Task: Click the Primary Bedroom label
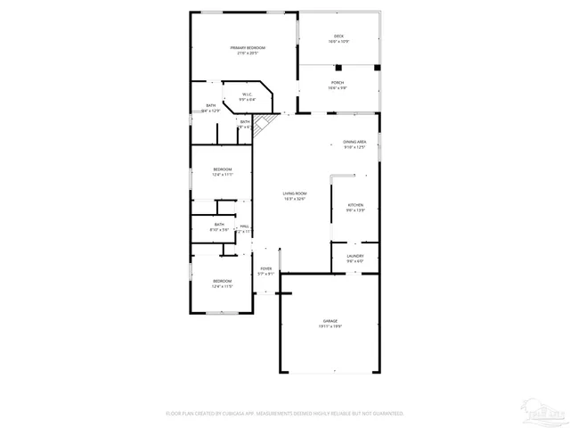(248, 47)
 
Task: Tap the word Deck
(338, 37)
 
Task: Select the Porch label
(338, 82)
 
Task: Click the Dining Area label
(355, 142)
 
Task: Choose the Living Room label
(295, 193)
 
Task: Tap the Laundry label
(355, 256)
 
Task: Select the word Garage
(330, 321)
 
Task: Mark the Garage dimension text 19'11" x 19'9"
(330, 326)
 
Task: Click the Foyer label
(265, 267)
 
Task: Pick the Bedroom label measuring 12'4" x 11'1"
(222, 169)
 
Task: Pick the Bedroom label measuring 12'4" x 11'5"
(222, 281)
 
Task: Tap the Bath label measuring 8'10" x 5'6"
(219, 225)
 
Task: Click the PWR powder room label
(244, 226)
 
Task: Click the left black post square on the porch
(338, 67)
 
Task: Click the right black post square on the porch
(377, 67)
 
